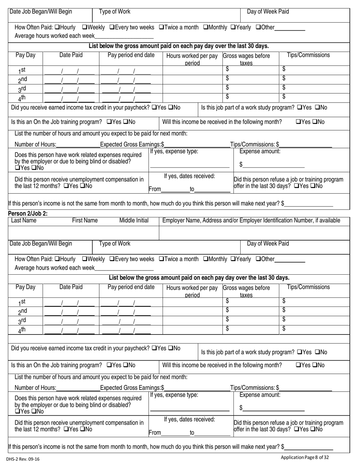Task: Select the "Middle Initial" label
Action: point(134,220)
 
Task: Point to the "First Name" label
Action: point(85,220)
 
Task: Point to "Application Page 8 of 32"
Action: point(305,457)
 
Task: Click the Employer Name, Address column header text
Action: point(251,220)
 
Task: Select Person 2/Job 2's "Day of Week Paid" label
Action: point(268,243)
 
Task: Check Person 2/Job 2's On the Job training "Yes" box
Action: point(109,365)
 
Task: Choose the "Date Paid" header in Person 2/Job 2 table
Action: point(71,287)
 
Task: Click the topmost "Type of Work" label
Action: point(114,11)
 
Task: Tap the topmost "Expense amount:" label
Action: point(260,151)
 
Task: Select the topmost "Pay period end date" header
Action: point(131,55)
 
